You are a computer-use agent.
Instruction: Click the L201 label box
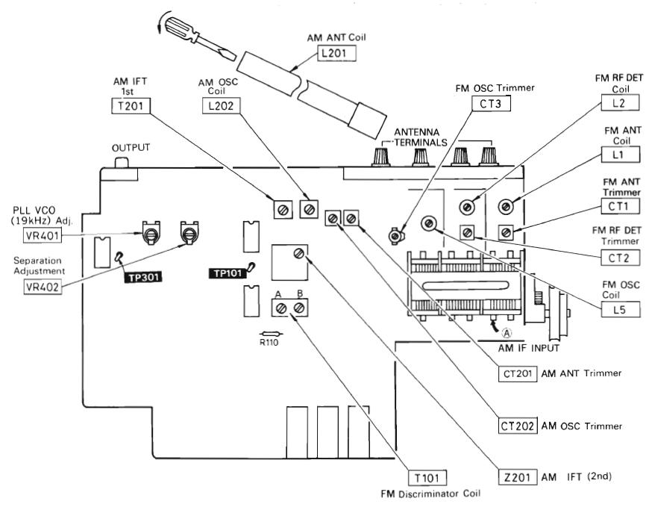[336, 53]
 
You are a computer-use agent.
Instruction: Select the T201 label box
[131, 106]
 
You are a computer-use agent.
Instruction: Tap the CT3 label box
[491, 104]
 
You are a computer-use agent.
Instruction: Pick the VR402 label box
[43, 287]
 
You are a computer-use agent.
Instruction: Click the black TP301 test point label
[143, 277]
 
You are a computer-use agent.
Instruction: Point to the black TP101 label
[228, 273]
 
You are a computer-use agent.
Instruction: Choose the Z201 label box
[517, 476]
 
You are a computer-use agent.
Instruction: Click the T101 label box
[427, 478]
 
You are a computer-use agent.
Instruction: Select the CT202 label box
[517, 426]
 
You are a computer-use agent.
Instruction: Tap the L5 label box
[621, 310]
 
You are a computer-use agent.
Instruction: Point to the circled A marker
[507, 332]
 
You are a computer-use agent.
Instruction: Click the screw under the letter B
[298, 308]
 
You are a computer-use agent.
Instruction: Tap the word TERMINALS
[421, 143]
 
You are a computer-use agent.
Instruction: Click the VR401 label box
[43, 236]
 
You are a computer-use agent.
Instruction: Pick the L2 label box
[621, 103]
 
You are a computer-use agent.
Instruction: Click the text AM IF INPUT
[528, 348]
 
